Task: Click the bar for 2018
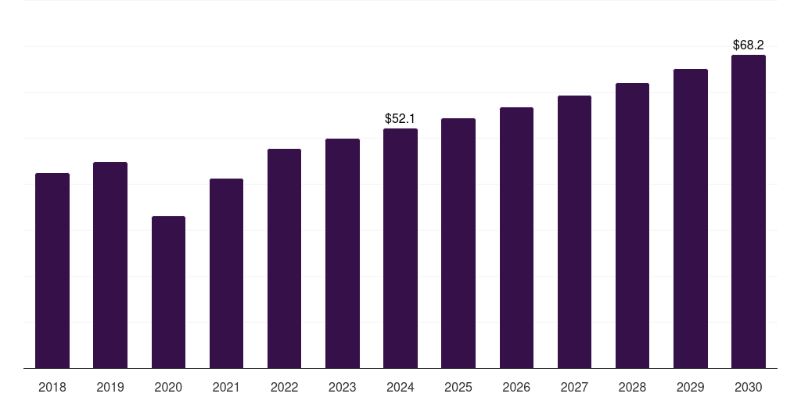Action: point(52,270)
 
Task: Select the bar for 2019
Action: point(110,265)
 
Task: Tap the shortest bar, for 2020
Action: point(168,292)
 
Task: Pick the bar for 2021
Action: point(226,273)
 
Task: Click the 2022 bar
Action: point(284,258)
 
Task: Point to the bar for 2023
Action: point(343,253)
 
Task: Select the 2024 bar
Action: point(400,248)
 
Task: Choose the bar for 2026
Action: point(516,237)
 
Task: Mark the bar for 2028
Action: point(632,226)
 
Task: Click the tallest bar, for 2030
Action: point(749,211)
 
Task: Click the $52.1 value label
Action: point(400,118)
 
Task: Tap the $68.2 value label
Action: point(749,45)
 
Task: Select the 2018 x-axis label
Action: point(52,387)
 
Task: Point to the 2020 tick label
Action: point(168,387)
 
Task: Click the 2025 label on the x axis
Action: point(458,387)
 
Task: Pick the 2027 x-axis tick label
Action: point(574,387)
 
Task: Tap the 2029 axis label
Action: point(691,387)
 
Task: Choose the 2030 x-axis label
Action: point(749,387)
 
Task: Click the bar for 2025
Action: point(458,243)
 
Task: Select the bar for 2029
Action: point(691,219)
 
